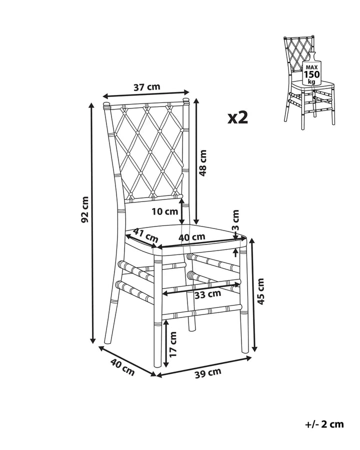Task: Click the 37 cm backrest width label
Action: tap(146, 86)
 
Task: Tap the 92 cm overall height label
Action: tap(84, 209)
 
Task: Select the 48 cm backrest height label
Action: tap(202, 163)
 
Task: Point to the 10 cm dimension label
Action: tap(165, 211)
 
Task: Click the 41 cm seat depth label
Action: tap(146, 234)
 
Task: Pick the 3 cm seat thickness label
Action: tap(235, 220)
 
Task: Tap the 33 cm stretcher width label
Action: tap(207, 294)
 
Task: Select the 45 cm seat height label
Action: tap(260, 291)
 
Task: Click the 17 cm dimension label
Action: tap(173, 344)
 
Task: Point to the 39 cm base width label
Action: tap(208, 373)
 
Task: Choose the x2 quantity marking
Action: tap(237, 117)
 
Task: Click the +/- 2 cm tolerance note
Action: tap(324, 424)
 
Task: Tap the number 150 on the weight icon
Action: tap(312, 74)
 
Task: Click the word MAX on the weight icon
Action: tap(311, 67)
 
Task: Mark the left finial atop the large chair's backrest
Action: tap(106, 104)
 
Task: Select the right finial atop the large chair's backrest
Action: tap(186, 100)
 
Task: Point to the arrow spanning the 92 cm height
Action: tap(92, 223)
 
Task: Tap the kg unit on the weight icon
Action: tap(312, 81)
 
